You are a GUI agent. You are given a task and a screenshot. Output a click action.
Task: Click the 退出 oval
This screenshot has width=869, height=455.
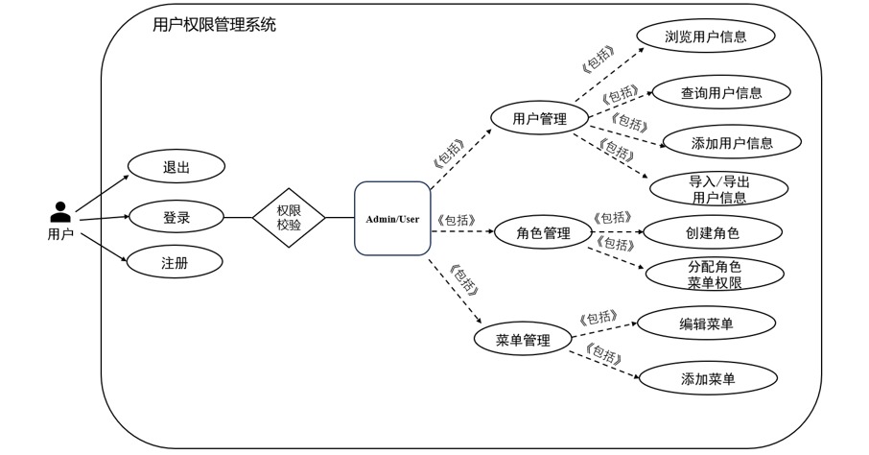[176, 166]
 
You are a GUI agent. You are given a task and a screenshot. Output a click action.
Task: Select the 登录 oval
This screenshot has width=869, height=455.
[176, 218]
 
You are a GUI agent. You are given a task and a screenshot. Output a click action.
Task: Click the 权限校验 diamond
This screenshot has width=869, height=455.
[289, 218]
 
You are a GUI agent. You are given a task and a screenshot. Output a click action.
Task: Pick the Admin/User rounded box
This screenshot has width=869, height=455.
[392, 219]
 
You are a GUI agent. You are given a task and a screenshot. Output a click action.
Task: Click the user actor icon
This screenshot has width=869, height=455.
[60, 212]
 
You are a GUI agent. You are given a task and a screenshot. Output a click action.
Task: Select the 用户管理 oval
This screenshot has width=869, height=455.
[539, 119]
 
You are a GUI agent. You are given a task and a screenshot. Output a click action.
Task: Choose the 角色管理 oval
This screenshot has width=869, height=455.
[543, 233]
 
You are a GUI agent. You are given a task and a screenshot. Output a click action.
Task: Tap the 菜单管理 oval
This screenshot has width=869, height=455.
[523, 341]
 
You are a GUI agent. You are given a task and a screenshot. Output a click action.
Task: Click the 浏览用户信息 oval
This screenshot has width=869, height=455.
[706, 37]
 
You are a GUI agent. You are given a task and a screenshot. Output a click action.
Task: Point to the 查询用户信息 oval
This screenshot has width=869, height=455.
[721, 93]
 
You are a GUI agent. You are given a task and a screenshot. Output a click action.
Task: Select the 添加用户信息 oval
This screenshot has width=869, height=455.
[732, 144]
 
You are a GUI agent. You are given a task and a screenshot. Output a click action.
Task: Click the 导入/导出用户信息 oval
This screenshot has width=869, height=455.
[718, 189]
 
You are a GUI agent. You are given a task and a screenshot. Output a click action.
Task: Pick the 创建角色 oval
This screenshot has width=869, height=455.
[713, 232]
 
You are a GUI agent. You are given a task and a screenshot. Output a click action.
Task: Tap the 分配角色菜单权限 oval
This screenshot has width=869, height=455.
[715, 275]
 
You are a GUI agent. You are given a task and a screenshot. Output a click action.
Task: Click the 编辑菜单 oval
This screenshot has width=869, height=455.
[706, 324]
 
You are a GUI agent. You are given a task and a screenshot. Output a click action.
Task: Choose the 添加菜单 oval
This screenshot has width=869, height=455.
[708, 379]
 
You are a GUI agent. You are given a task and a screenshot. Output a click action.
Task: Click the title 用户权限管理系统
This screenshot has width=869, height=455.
[215, 26]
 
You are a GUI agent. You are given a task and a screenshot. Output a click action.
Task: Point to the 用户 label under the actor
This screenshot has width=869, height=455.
[60, 233]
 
